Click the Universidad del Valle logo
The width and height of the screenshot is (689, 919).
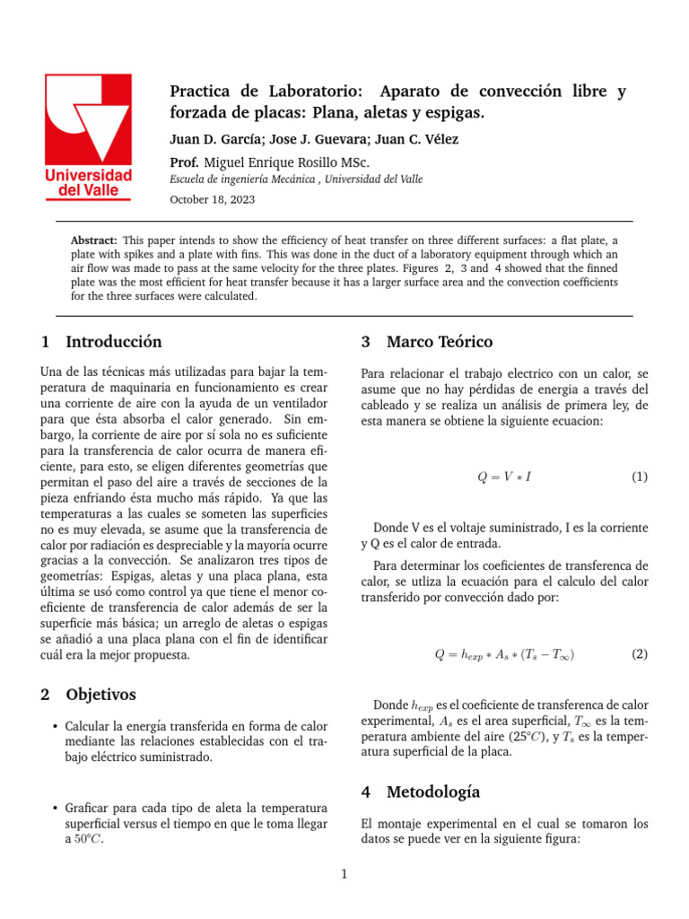[89, 137]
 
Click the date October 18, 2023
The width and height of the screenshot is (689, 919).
[212, 200]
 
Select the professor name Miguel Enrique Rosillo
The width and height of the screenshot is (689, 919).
[287, 162]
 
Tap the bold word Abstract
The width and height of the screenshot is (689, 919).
[93, 241]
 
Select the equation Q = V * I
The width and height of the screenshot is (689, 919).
[503, 477]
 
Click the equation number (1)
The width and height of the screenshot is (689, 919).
[639, 477]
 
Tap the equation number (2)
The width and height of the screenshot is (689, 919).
[639, 654]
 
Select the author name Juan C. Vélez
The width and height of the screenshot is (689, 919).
[422, 140]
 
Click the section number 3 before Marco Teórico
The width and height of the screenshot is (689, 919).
[366, 342]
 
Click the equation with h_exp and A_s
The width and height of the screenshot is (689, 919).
[504, 655]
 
